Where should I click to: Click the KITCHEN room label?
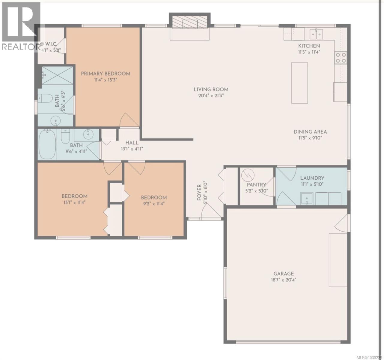pyautogui.click(x=309, y=46)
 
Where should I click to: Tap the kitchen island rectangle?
pyautogui.click(x=299, y=83)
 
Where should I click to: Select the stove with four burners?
pyautogui.click(x=341, y=58)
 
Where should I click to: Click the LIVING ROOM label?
pyautogui.click(x=211, y=89)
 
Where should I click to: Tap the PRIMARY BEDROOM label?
pyautogui.click(x=106, y=73)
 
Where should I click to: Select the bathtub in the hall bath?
pyautogui.click(x=47, y=144)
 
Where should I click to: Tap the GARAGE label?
pyautogui.click(x=283, y=274)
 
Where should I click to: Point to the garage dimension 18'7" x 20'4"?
pyautogui.click(x=283, y=280)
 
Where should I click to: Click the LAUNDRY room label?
pyautogui.click(x=312, y=178)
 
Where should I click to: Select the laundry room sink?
pyautogui.click(x=306, y=198)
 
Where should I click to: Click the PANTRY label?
pyautogui.click(x=257, y=184)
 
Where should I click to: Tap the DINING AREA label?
pyautogui.click(x=310, y=132)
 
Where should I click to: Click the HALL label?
pyautogui.click(x=132, y=142)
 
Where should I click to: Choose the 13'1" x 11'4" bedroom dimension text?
pyautogui.click(x=74, y=202)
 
